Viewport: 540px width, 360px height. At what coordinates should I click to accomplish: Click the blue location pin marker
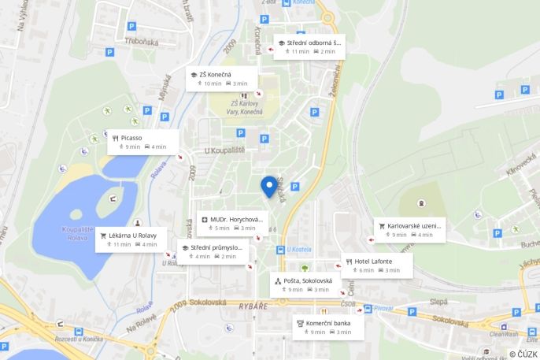(269, 186)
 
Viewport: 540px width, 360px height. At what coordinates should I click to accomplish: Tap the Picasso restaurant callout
(144, 142)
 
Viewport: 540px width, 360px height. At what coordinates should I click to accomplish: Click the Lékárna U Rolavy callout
(131, 239)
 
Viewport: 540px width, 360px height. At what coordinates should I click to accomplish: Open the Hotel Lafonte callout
(377, 265)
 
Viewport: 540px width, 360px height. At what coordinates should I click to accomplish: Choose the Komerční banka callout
(328, 327)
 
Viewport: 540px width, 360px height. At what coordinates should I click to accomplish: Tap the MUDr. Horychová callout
(232, 223)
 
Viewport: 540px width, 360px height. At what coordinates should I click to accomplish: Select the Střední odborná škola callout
(309, 46)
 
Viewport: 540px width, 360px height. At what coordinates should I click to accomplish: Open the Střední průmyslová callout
(213, 251)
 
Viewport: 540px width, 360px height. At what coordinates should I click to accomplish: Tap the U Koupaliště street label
(224, 150)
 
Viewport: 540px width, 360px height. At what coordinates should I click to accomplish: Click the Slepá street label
(438, 301)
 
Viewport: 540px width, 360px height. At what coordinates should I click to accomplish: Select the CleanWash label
(503, 334)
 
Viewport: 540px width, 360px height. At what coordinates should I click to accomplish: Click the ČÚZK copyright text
(523, 354)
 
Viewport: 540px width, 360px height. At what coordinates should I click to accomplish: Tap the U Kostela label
(300, 250)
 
